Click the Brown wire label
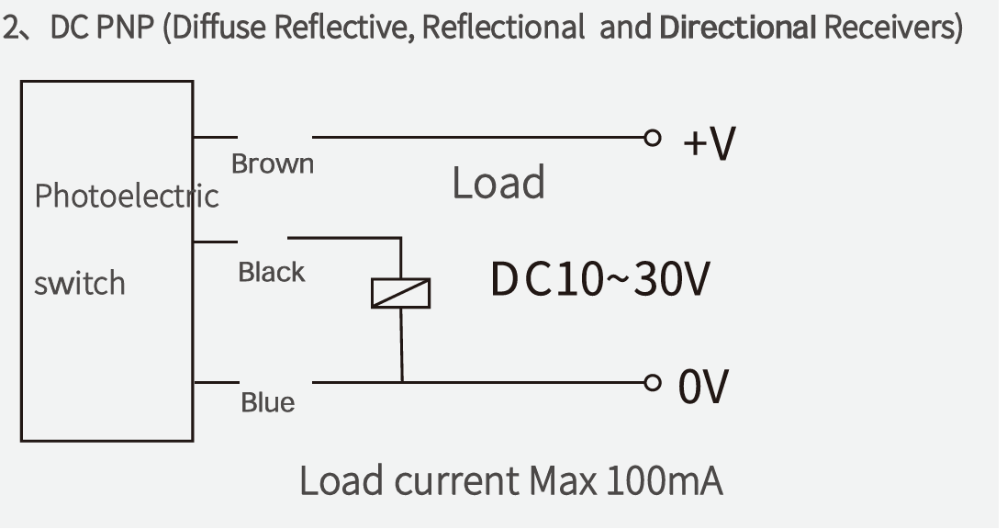(273, 163)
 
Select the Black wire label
(272, 272)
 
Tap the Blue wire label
(268, 402)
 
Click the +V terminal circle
(653, 138)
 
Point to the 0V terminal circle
(653, 383)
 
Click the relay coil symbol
(401, 293)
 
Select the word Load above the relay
(499, 183)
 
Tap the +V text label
(709, 142)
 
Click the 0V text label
(703, 387)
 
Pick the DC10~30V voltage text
(600, 279)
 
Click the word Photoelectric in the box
(127, 196)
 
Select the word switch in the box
(80, 283)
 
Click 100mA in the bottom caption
(664, 481)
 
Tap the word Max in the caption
(563, 481)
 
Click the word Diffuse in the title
(219, 27)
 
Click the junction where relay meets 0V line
(402, 382)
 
